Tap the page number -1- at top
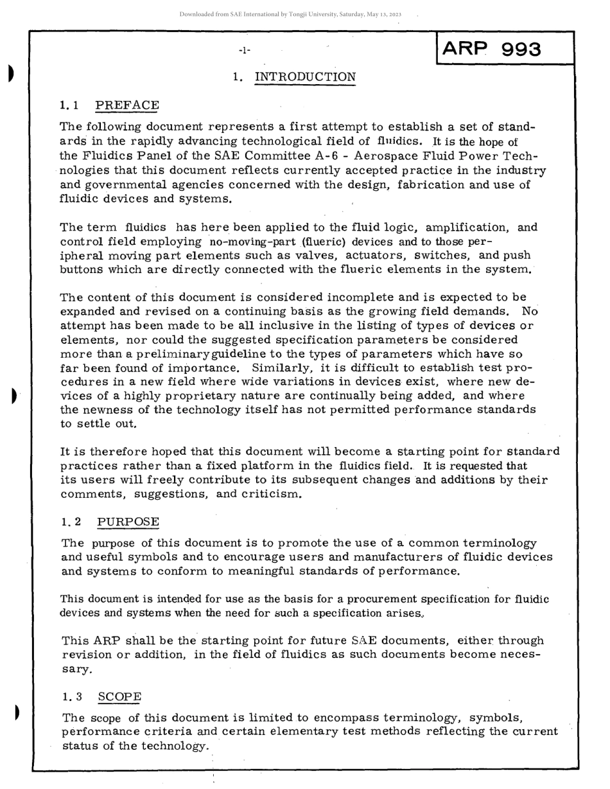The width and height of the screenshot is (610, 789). (x=245, y=49)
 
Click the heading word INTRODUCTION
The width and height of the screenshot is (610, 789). (x=305, y=78)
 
